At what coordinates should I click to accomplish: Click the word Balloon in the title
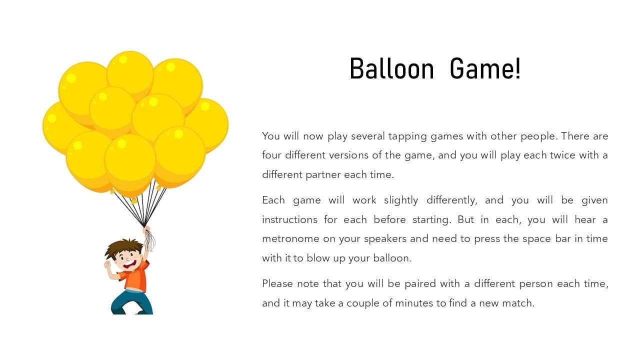point(391,68)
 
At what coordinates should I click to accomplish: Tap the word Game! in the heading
point(485,68)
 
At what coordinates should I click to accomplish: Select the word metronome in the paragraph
point(290,239)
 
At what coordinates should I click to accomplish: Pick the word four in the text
point(271,155)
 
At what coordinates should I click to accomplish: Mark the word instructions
point(289,219)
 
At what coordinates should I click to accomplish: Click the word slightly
point(401,201)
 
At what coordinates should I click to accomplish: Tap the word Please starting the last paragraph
point(277,283)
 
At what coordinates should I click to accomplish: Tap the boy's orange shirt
point(135,276)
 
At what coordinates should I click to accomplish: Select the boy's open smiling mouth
point(129,264)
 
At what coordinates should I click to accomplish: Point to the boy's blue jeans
point(132,302)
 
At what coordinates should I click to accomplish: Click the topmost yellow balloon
point(130,73)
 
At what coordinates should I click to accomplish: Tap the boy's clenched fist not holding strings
point(107,264)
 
